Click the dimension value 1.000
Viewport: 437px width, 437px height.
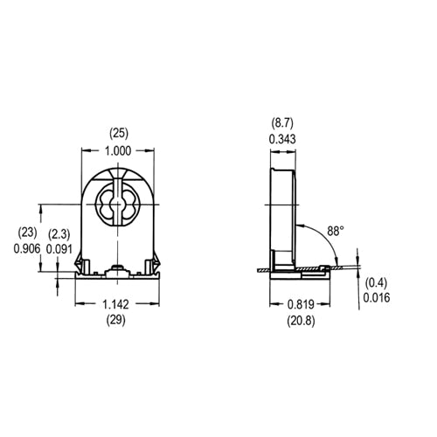tap(118, 150)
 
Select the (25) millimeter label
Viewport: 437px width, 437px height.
tap(118, 134)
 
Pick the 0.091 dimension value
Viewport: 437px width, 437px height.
tap(59, 247)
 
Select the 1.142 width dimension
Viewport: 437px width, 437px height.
tap(118, 305)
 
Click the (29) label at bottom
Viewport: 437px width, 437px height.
tap(118, 321)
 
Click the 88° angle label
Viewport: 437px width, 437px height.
tap(334, 231)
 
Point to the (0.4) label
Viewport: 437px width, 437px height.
tap(376, 281)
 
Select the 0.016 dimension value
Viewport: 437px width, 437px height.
tap(376, 296)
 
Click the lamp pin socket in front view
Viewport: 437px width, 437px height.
tap(118, 204)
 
